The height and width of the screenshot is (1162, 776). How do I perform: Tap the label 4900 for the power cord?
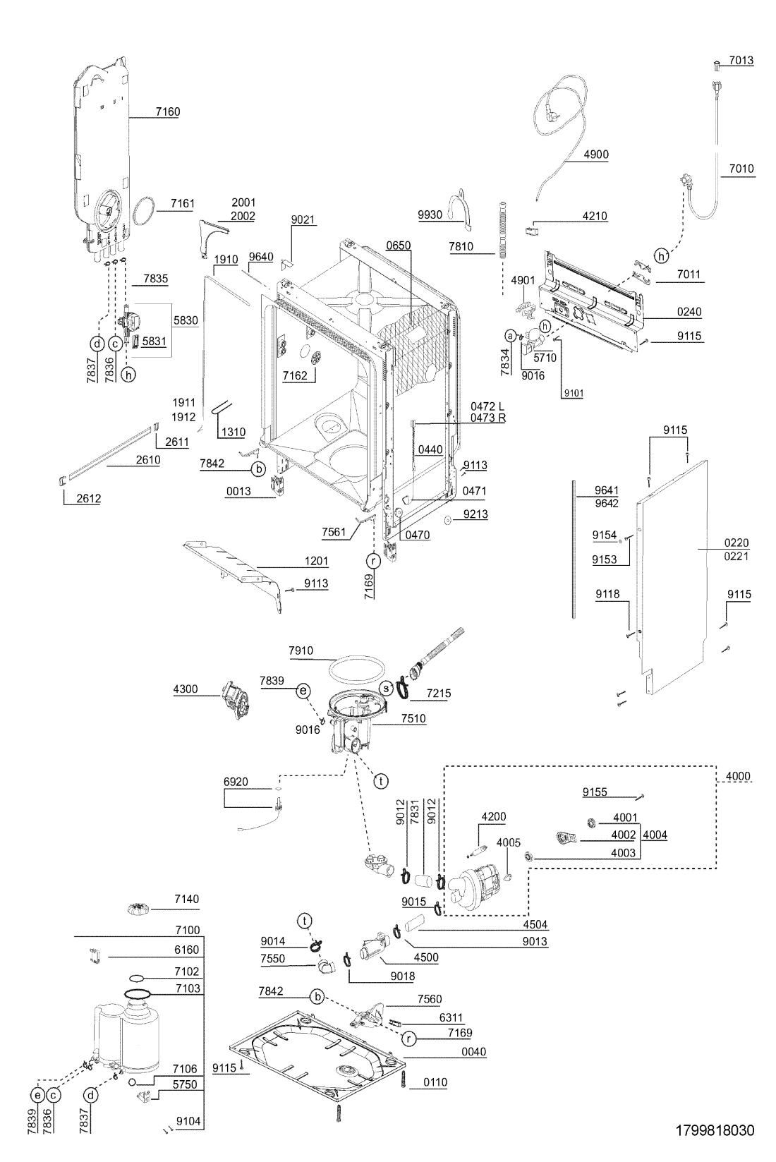pos(596,155)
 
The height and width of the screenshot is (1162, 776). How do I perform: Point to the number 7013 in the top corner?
pos(741,61)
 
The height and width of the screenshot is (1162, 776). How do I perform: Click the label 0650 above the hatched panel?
pos(398,246)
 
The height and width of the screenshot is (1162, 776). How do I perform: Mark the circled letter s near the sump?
pos(386,687)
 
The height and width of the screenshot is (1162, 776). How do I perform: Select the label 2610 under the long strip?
pos(148,460)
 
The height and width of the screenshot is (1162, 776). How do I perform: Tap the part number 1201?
pos(316,561)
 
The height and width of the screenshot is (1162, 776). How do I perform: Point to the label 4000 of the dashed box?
pos(738,776)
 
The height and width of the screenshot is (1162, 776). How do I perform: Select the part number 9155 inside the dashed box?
pos(595,792)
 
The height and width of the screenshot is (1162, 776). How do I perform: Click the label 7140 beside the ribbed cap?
pos(186,899)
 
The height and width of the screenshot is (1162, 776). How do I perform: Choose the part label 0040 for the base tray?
pos(473,1052)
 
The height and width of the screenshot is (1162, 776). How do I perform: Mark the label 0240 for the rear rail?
pos(689,312)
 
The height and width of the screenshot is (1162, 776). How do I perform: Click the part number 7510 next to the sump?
pos(413,718)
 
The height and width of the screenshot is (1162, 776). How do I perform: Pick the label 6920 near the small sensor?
pos(236,782)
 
